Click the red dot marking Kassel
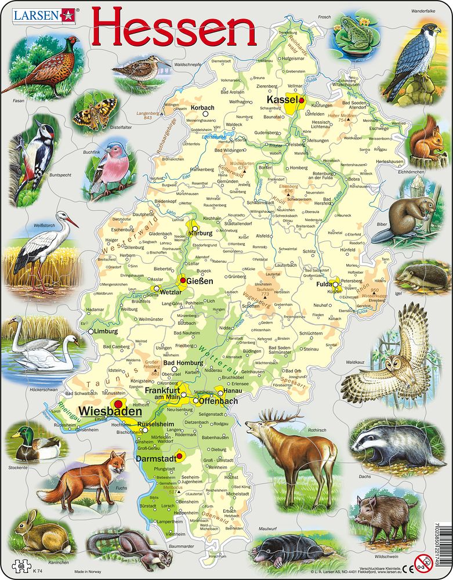click(301, 100)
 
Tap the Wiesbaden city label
click(111, 411)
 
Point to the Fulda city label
click(322, 284)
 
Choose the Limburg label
click(106, 331)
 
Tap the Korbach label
click(202, 108)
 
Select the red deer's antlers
click(279, 415)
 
